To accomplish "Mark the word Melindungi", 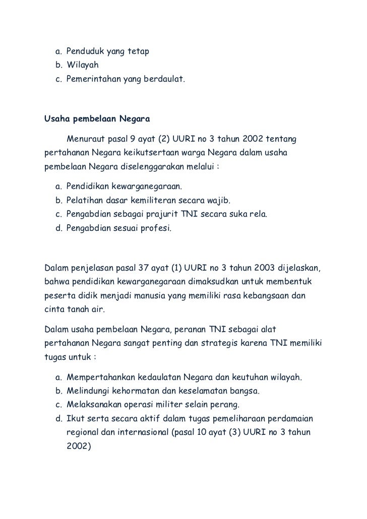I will (87, 391).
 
